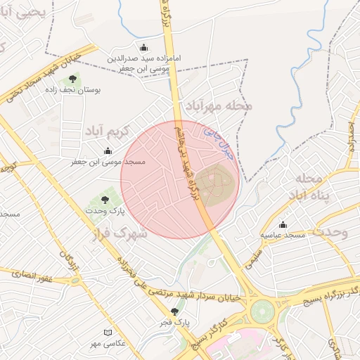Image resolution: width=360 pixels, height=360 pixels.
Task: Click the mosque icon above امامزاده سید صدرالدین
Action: tap(145, 48)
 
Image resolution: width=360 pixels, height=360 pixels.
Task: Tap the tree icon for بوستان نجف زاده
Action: tap(74, 79)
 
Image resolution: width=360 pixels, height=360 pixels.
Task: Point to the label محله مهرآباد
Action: tap(219, 105)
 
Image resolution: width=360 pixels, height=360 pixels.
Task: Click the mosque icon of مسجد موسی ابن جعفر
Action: tap(108, 150)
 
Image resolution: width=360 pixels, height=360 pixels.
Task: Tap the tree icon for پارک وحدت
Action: tap(105, 200)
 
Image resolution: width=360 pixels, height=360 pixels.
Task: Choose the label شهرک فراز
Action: tap(120, 232)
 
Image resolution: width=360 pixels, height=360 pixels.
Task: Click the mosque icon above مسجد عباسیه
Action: tap(283, 224)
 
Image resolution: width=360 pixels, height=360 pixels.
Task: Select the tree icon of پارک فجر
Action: tap(174, 311)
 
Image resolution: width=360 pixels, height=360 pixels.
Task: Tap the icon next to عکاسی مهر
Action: tap(108, 332)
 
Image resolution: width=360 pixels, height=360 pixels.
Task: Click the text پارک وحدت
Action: tap(105, 211)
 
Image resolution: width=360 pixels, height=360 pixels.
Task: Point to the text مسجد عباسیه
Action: tap(283, 234)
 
